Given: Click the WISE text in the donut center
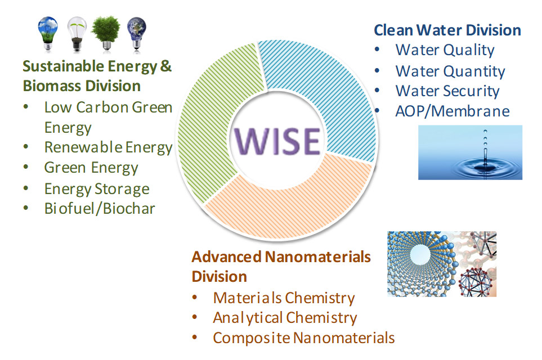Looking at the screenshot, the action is pyautogui.click(x=277, y=141).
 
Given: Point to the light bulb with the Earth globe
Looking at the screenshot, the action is pyautogui.click(x=137, y=34).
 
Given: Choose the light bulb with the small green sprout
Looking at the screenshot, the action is pyautogui.click(x=77, y=34).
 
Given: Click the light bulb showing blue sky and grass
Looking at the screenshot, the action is pyautogui.click(x=48, y=34).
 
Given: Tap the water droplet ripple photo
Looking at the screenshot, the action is pyautogui.click(x=470, y=152).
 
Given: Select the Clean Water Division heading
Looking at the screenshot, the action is pyautogui.click(x=447, y=30).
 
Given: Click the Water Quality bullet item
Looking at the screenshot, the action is pyautogui.click(x=445, y=50).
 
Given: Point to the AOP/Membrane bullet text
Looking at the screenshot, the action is pyautogui.click(x=453, y=111).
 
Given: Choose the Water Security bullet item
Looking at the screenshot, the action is pyautogui.click(x=447, y=91).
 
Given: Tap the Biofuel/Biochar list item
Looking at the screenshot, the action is pyautogui.click(x=100, y=209).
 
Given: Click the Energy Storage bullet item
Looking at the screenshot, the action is pyautogui.click(x=97, y=189).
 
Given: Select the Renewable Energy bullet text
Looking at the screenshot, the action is pyautogui.click(x=108, y=147).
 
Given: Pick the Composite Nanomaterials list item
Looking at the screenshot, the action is pyautogui.click(x=304, y=338).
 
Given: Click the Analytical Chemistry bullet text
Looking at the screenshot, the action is pyautogui.click(x=285, y=318).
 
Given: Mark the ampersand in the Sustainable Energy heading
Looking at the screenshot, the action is pyautogui.click(x=166, y=66).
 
